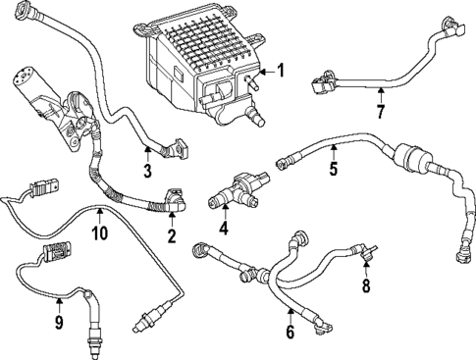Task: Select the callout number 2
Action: tap(171, 236)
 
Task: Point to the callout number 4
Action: tap(224, 230)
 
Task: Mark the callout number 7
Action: tap(380, 113)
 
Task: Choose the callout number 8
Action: tap(367, 287)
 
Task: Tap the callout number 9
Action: tap(58, 321)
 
